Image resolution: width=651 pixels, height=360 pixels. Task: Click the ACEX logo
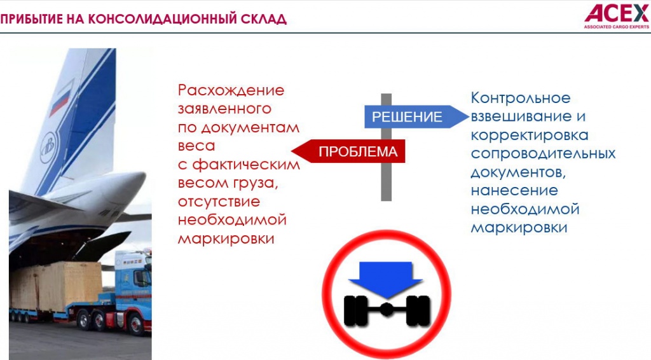pyautogui.click(x=616, y=13)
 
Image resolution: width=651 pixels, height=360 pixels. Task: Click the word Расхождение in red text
pyautogui.click(x=231, y=90)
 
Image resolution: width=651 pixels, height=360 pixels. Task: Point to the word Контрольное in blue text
pyautogui.click(x=521, y=99)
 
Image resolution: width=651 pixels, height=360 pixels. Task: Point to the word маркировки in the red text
pyautogui.click(x=226, y=239)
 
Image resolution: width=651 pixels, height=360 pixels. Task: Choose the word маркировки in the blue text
pyautogui.click(x=519, y=227)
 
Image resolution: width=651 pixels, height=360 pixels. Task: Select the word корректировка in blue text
pyautogui.click(x=530, y=135)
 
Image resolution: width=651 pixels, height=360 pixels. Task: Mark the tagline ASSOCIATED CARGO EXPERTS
pyautogui.click(x=616, y=27)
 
